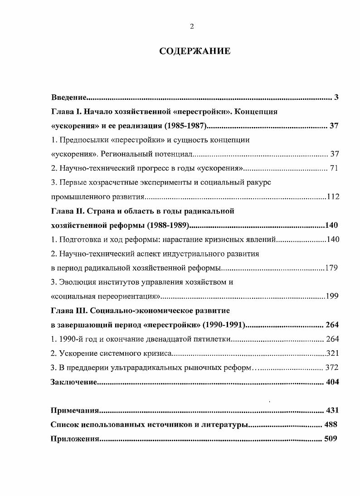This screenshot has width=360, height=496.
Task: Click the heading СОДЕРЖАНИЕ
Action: (x=195, y=51)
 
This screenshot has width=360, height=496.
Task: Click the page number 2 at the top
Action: (x=192, y=26)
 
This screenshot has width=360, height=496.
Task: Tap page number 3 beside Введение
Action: (x=336, y=98)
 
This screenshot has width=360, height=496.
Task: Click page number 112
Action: (x=333, y=197)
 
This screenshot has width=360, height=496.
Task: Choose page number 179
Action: (x=331, y=268)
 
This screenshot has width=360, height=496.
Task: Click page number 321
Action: (x=333, y=354)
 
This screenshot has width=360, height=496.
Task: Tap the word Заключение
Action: (x=74, y=382)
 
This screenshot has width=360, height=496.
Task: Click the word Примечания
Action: (x=75, y=411)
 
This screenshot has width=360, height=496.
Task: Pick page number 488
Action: (x=331, y=425)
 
